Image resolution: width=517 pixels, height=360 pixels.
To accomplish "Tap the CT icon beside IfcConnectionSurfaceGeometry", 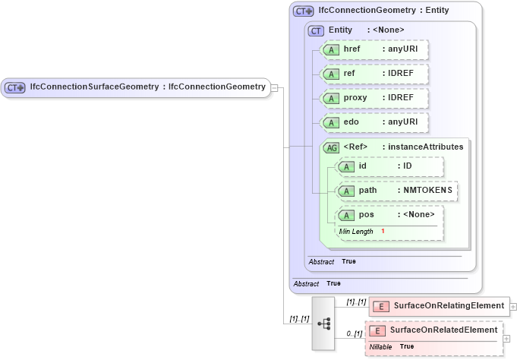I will coord(15,87).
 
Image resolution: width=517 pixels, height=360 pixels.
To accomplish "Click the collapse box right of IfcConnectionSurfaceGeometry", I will coord(274,87).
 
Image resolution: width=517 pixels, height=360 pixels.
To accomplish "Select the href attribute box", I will coord(374,49).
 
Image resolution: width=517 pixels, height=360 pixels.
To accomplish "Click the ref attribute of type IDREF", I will coord(374,74).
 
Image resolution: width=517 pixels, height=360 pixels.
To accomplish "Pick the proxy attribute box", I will coord(374,98).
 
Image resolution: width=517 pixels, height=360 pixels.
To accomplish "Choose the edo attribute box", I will coord(374,122).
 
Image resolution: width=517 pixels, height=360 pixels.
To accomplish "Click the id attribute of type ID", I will coord(389,166).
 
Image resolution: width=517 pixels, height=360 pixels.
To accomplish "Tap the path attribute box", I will coord(397,190).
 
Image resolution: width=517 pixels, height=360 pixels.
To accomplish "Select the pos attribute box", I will coord(389,214).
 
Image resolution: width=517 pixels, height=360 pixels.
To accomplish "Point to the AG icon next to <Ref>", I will coord(331,147).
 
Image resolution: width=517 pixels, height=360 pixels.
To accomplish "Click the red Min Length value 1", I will coord(383,230).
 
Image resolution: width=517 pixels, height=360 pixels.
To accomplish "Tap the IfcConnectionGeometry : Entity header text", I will coord(383,10).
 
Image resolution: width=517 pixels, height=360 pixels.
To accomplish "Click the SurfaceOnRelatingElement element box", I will coord(439,306).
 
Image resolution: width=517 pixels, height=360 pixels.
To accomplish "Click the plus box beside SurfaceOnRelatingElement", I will coord(513,307).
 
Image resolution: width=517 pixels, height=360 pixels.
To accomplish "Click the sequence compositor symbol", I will coord(323,323).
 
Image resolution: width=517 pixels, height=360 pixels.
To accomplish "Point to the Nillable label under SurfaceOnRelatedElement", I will coord(380,346).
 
